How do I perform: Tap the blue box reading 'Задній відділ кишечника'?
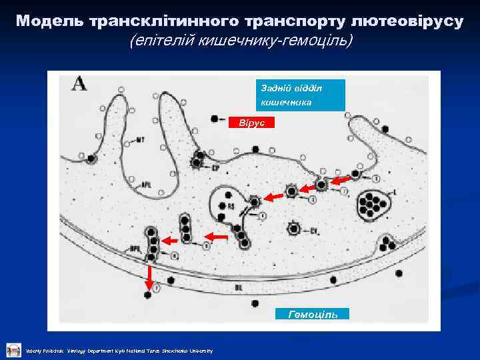(300, 95)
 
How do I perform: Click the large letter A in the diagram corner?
(80, 85)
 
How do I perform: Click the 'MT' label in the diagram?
(141, 139)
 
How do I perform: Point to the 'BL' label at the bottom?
(239, 288)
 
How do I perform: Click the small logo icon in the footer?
(13, 349)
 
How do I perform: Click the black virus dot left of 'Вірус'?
(214, 119)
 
